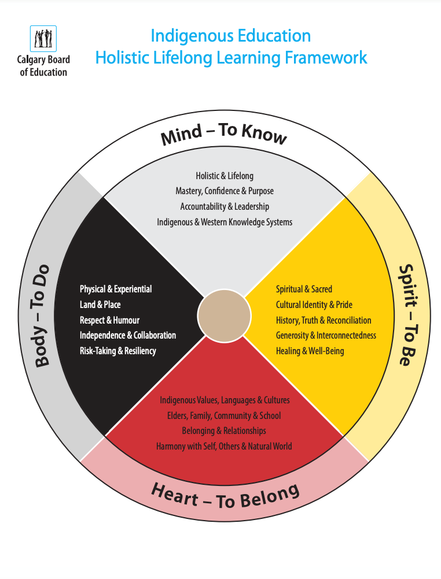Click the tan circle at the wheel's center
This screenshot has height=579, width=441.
pyautogui.click(x=224, y=316)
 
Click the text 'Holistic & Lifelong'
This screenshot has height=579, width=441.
pyautogui.click(x=225, y=176)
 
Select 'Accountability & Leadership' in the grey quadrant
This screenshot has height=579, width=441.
pyautogui.click(x=225, y=206)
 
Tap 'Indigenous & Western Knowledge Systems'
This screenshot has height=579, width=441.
pyautogui.click(x=225, y=222)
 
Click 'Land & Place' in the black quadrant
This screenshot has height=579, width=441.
pyautogui.click(x=100, y=305)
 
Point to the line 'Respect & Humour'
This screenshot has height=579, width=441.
pyautogui.click(x=109, y=320)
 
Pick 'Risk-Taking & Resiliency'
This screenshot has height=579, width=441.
pyautogui.click(x=118, y=351)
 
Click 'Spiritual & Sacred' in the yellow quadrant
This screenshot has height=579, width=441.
pyautogui.click(x=304, y=289)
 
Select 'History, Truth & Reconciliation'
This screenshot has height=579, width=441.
pyautogui.click(x=324, y=320)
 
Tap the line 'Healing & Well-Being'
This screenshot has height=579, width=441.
pyautogui.click(x=310, y=351)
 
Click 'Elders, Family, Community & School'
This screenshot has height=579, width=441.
pyautogui.click(x=224, y=415)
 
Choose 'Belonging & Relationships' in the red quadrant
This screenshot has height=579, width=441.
pyautogui.click(x=224, y=430)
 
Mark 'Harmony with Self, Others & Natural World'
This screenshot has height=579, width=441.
pyautogui.click(x=224, y=446)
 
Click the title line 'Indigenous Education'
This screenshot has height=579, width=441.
pyautogui.click(x=230, y=36)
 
